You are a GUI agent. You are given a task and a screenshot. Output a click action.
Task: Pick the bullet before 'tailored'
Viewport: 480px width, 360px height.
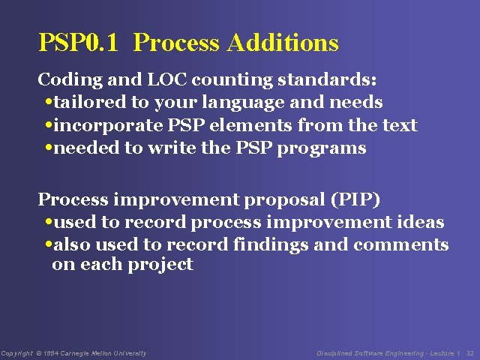[49, 103]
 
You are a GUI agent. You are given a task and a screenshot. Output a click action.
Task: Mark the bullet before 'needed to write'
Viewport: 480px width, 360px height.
[49, 148]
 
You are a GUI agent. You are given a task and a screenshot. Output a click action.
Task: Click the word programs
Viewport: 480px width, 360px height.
[322, 148]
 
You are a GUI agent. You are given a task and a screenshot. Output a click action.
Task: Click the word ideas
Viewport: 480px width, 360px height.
[420, 223]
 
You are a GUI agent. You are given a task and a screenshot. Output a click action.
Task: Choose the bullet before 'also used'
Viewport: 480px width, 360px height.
[49, 246]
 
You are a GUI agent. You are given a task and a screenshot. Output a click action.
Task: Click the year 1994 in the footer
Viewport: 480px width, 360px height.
[51, 353]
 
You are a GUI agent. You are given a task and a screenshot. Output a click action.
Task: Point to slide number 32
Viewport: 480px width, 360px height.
[470, 353]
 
